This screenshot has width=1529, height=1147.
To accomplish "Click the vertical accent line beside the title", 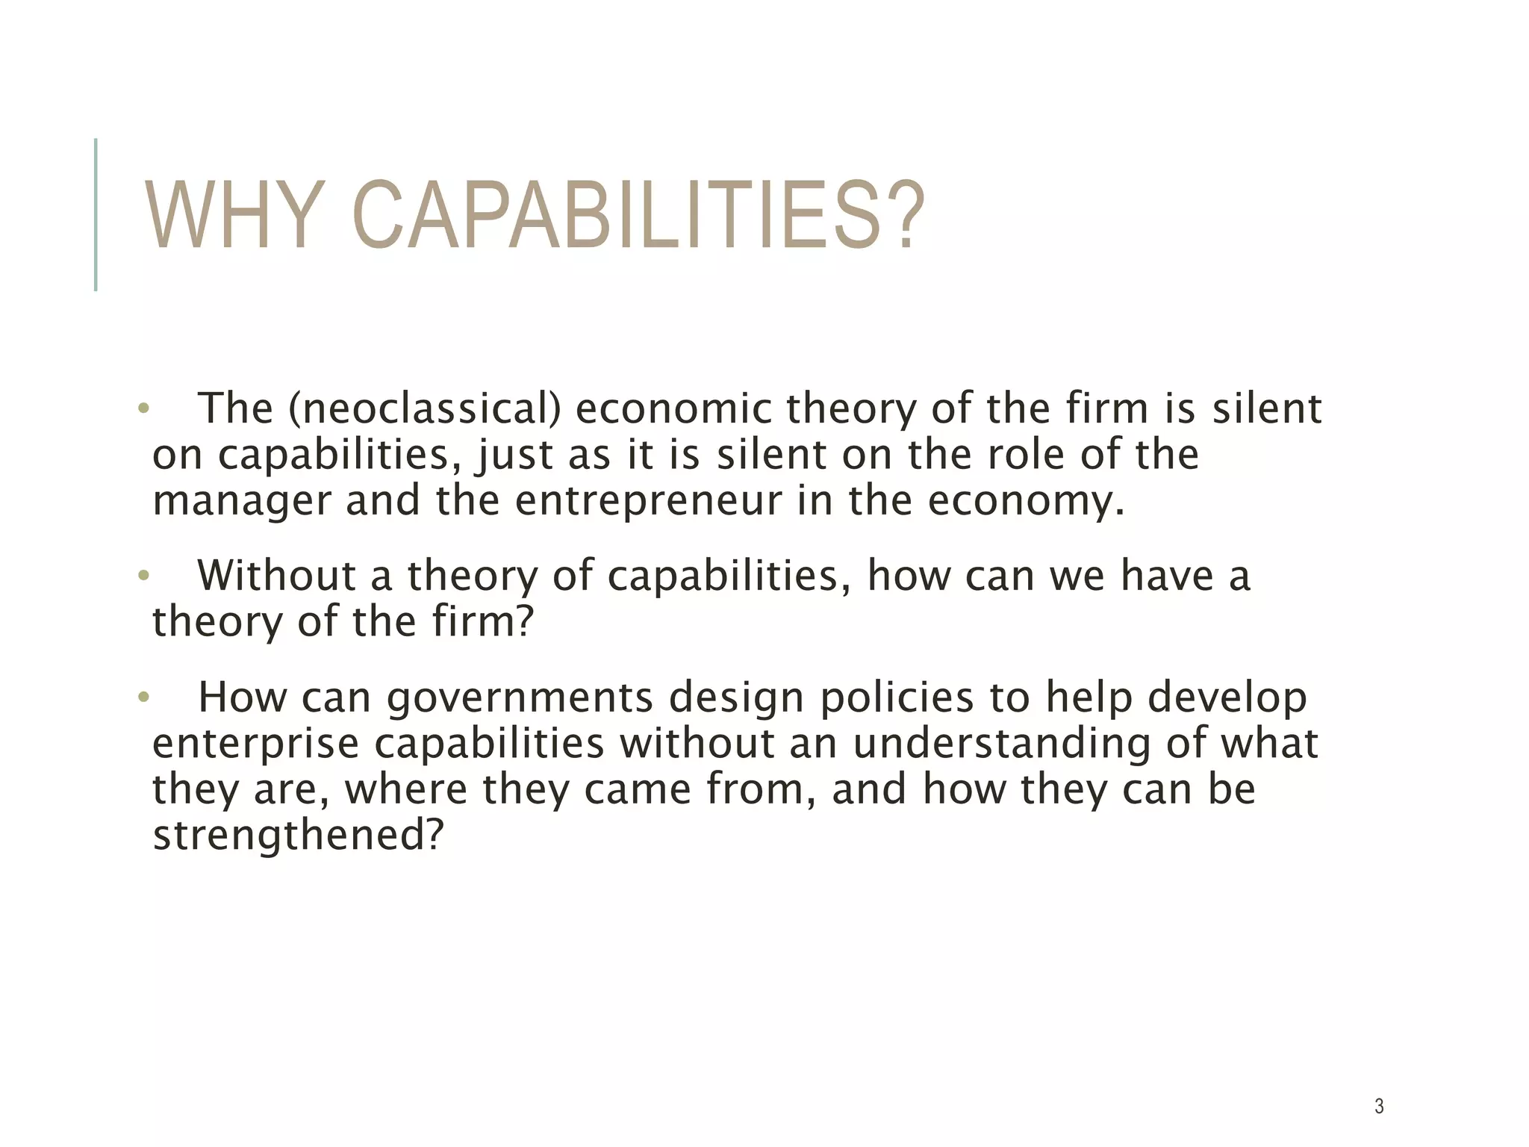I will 96,214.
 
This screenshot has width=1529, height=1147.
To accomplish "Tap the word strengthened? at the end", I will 298,835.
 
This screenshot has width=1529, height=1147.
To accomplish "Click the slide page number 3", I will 1379,1106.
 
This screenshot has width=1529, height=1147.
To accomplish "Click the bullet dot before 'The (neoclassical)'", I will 144,409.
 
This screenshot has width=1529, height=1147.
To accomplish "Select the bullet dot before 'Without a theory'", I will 144,576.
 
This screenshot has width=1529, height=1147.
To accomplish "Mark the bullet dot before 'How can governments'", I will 144,698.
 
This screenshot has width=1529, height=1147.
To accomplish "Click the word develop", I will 1227,698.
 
